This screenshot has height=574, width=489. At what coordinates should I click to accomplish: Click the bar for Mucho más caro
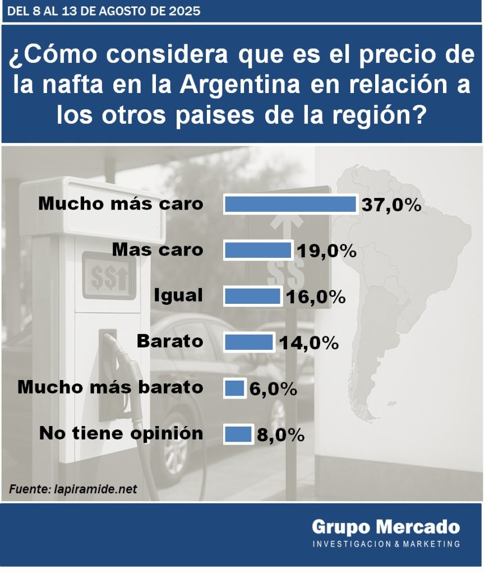[290, 205]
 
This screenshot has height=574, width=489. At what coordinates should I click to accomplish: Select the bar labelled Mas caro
[257, 250]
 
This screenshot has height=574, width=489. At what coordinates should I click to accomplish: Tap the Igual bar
[252, 297]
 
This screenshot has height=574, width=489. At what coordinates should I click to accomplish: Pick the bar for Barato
[248, 342]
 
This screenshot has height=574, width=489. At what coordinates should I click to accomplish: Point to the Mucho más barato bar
[234, 388]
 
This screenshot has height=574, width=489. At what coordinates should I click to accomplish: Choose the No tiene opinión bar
[238, 434]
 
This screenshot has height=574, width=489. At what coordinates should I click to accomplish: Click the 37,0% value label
[391, 205]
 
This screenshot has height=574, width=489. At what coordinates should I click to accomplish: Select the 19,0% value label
[327, 251]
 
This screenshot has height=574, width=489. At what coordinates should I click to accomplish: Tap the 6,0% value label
[273, 388]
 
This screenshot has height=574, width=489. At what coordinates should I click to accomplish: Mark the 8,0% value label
[280, 435]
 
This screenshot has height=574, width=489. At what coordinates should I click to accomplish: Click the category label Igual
[178, 295]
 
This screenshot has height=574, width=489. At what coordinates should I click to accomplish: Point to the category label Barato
[169, 341]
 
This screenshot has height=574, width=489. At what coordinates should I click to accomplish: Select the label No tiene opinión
[121, 433]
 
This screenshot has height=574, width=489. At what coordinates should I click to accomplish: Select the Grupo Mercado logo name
[386, 527]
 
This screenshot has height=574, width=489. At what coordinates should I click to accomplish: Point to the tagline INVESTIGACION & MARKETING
[386, 544]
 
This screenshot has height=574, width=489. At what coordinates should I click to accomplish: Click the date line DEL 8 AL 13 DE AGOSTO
[104, 11]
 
